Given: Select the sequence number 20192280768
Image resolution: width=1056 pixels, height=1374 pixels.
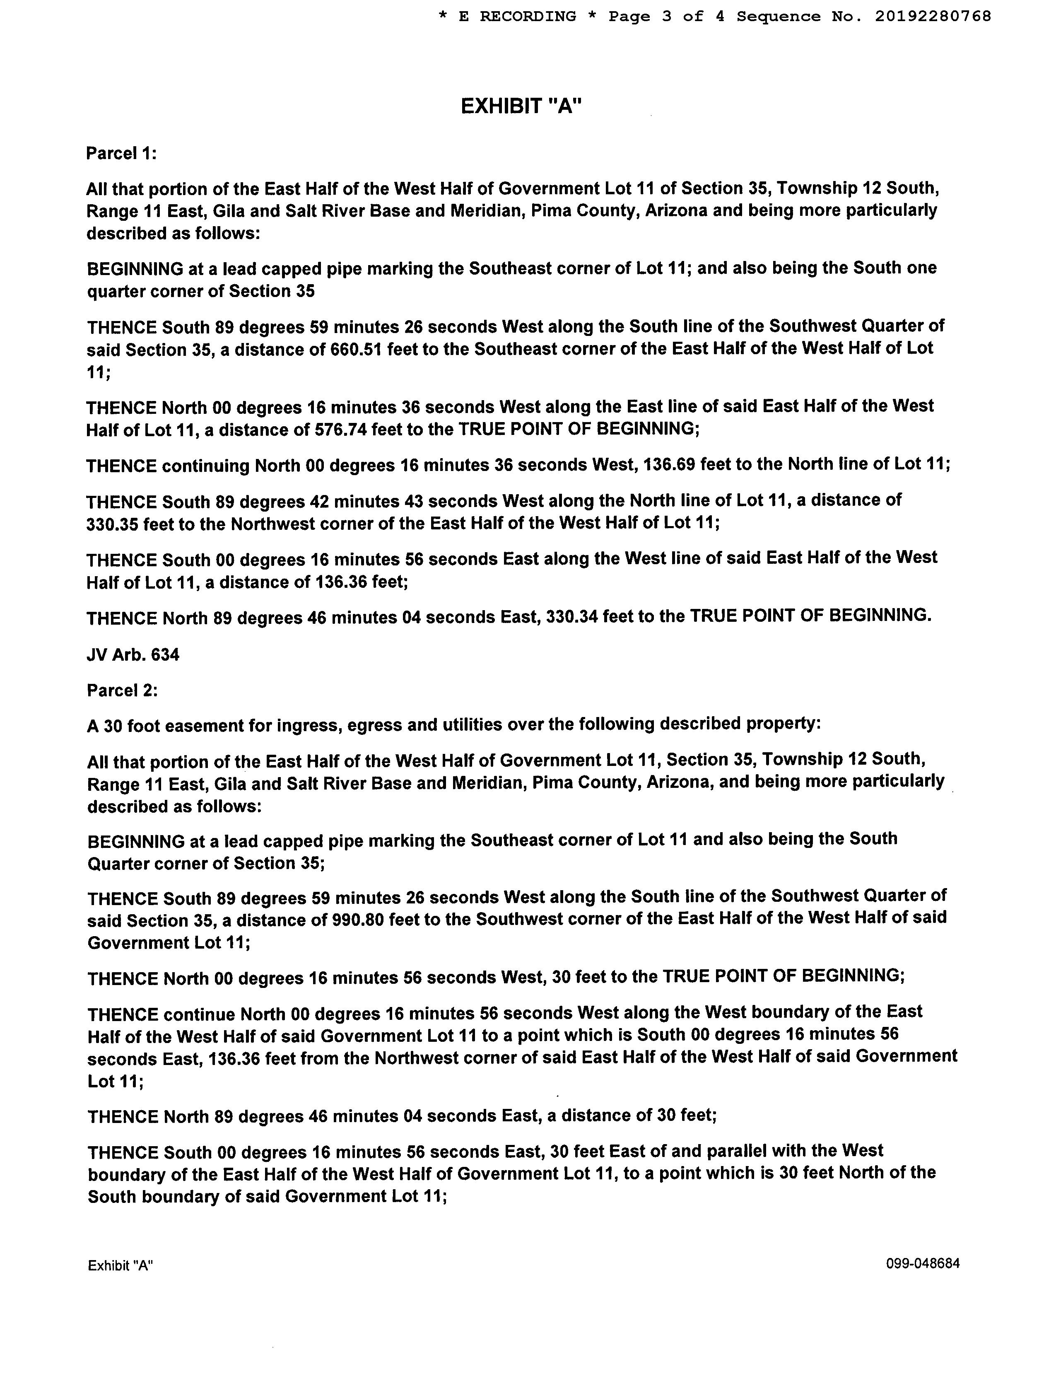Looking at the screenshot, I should tap(933, 16).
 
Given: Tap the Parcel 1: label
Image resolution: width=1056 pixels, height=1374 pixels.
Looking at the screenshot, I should tap(121, 153).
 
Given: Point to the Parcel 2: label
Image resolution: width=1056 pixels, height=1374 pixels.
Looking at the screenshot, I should tap(122, 691).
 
